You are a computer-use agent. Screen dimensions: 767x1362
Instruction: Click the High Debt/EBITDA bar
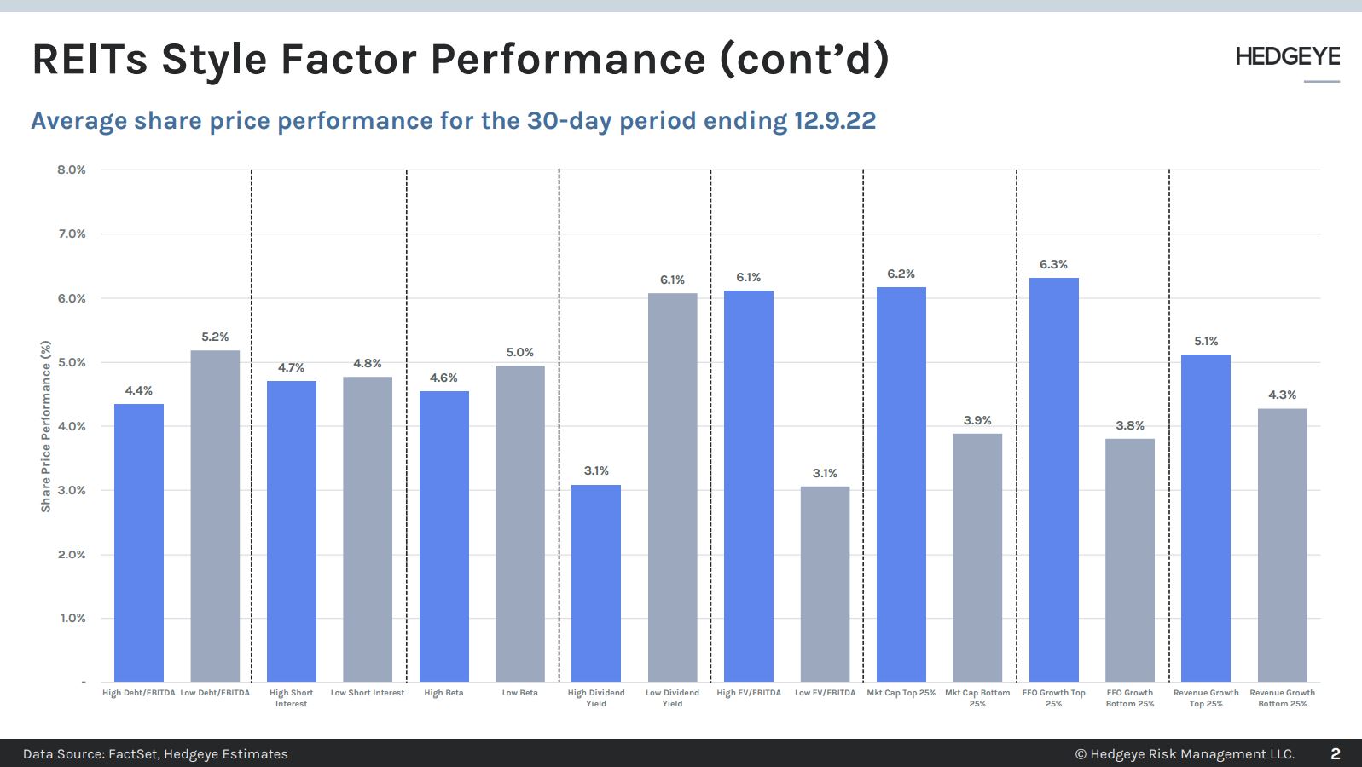139,542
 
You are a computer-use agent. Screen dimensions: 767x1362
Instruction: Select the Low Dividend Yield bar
672,487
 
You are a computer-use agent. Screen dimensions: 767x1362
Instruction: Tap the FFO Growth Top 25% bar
1053,479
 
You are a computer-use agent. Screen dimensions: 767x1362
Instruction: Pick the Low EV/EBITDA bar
825,584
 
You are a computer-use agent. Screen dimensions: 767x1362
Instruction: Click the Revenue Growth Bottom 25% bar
1282,545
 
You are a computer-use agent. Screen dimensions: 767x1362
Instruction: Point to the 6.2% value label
901,274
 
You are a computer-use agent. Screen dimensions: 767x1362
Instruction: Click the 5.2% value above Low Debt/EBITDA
215,337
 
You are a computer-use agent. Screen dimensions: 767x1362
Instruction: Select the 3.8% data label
1130,425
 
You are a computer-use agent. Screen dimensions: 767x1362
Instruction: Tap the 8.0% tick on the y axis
72,170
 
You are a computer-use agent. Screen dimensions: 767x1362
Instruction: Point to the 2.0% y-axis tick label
72,555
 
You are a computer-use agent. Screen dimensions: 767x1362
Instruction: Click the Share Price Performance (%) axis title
46,426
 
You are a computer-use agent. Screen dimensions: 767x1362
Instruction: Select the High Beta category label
443,693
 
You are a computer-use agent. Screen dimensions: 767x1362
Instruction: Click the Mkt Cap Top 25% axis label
901,693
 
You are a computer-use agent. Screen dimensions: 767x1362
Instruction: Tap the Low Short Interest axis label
368,693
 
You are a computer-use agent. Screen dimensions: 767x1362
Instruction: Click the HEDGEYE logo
1287,57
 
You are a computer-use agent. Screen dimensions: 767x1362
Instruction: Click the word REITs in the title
90,60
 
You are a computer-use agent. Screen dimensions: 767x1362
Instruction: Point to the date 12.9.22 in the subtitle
834,121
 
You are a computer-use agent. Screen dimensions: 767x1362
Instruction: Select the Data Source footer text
155,754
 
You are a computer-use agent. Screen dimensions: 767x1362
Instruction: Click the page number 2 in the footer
1335,754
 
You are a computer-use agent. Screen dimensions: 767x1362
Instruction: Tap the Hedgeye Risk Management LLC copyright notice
1185,754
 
